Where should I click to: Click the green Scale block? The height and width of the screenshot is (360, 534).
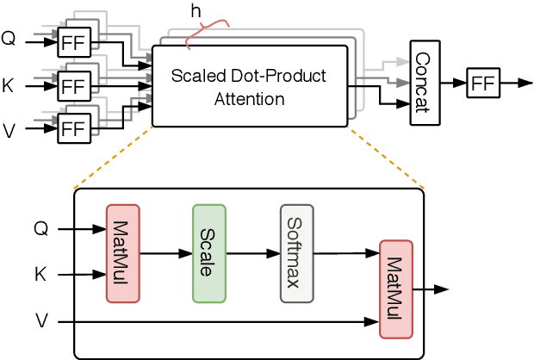tap(209, 253)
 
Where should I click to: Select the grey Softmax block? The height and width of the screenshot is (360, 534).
tap(295, 253)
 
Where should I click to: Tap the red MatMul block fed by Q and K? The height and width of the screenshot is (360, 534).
tap(122, 253)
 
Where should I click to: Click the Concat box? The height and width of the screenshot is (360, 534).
tap(425, 83)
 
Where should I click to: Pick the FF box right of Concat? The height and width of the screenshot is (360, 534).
tap(482, 84)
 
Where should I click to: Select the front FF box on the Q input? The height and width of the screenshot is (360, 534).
tap(73, 41)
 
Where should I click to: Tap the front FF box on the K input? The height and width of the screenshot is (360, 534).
tap(73, 87)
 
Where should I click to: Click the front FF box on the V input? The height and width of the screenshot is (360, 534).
tap(73, 130)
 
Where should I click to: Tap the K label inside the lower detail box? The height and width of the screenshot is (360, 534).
tap(40, 276)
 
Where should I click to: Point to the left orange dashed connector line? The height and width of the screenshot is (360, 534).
tap(115, 156)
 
